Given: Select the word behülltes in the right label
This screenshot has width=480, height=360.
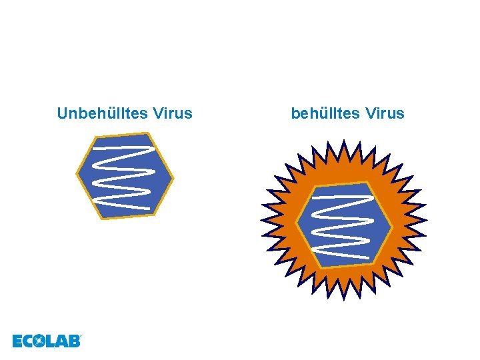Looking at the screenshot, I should pyautogui.click(x=325, y=113).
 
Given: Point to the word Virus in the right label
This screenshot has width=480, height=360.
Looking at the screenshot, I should pyautogui.click(x=385, y=113).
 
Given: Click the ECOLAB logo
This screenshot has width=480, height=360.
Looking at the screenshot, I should pyautogui.click(x=46, y=341).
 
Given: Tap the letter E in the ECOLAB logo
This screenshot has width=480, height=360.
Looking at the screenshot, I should pyautogui.click(x=18, y=341).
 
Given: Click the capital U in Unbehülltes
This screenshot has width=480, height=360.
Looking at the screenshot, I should pyautogui.click(x=62, y=113).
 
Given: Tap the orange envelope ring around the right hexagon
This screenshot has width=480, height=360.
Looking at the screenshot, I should pyautogui.click(x=293, y=193).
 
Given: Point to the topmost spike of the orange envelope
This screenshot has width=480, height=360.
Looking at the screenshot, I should pyautogui.click(x=342, y=142).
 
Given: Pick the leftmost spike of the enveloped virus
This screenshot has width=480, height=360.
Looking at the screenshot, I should pyautogui.click(x=262, y=219).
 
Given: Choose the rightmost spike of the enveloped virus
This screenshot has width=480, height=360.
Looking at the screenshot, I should pyautogui.click(x=426, y=220).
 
